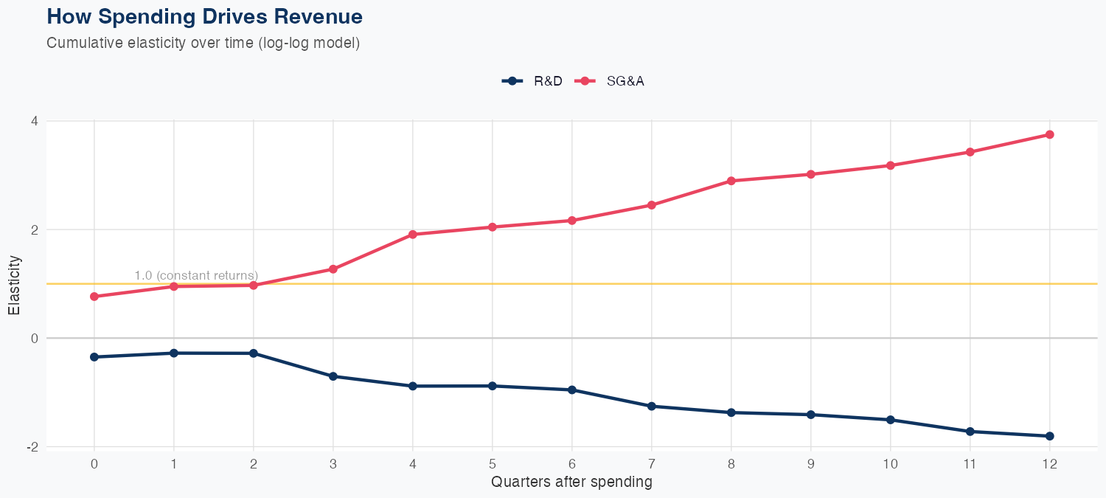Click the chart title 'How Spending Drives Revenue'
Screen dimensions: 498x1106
(204, 16)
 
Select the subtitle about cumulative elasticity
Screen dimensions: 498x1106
(203, 43)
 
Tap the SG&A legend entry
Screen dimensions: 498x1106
(611, 81)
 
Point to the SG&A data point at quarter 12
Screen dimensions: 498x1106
(1049, 134)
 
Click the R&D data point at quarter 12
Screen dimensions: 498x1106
(1049, 436)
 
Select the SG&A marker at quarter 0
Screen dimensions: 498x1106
(94, 297)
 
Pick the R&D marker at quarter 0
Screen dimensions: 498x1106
(94, 357)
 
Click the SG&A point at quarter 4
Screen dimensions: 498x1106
(413, 235)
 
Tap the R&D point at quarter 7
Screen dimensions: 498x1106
(651, 407)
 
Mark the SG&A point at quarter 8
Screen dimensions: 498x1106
(731, 181)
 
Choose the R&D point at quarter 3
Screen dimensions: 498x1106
(333, 376)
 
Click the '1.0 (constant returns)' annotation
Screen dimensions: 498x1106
(196, 275)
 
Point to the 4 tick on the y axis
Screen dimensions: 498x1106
(33, 121)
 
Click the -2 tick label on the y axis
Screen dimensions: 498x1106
(32, 447)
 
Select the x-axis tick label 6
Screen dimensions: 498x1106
(571, 464)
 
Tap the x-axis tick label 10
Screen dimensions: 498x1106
(890, 464)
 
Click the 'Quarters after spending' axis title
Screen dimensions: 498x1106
(571, 483)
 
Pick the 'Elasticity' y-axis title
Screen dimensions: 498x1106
(14, 285)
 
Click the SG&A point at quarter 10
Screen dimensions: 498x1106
(890, 165)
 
